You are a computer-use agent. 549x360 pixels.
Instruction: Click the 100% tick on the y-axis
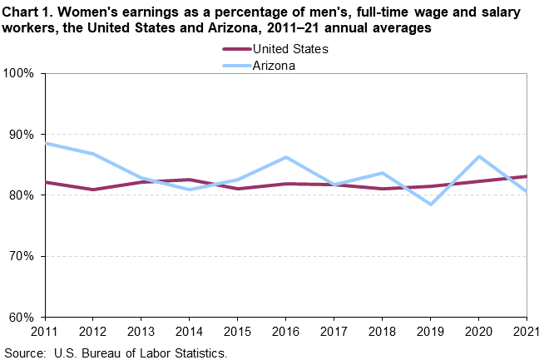coord(19,73)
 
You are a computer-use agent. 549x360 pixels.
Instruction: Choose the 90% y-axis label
coord(22,135)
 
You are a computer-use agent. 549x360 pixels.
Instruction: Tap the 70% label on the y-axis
coord(22,256)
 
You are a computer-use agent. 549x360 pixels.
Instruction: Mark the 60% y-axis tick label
coord(22,317)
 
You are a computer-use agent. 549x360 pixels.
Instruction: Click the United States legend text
coord(290,49)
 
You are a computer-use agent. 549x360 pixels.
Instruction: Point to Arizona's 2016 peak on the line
coord(286,157)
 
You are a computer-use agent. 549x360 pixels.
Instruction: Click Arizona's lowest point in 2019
coord(430,204)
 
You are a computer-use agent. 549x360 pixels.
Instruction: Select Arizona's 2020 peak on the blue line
coord(478,156)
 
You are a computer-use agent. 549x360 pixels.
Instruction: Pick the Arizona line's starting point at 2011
coord(46,143)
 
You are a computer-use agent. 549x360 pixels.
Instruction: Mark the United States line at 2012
coord(94,190)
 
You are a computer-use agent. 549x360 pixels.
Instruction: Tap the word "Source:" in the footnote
coord(26,352)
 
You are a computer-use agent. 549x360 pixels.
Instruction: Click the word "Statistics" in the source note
coord(200,352)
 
